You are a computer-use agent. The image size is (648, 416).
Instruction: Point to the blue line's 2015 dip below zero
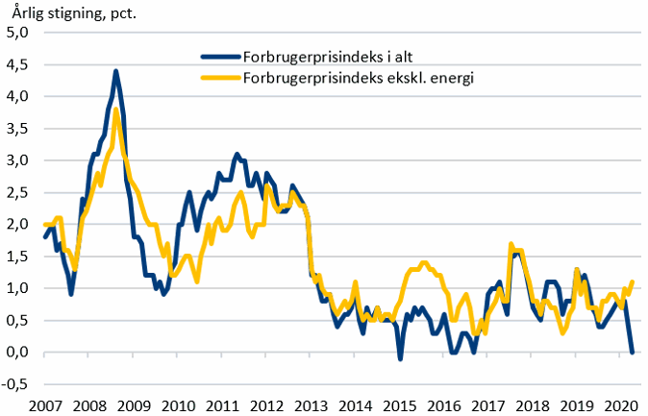click(x=400, y=358)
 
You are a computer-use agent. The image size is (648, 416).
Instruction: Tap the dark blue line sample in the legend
click(x=220, y=57)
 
